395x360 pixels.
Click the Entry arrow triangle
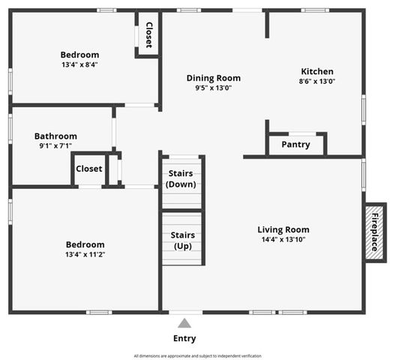[x=184, y=323]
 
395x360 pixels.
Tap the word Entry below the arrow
[x=184, y=338]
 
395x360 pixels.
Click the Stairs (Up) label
[x=182, y=241]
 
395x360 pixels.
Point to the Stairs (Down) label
[x=182, y=179]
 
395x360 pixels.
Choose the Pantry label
[x=296, y=144]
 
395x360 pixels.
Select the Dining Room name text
[x=214, y=78]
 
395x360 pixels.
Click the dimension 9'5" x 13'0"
[x=214, y=88]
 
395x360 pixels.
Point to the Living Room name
[x=283, y=229]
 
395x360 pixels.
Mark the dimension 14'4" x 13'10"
[x=283, y=240]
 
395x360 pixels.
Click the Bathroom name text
[x=55, y=136]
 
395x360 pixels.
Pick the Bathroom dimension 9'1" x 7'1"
[x=55, y=145]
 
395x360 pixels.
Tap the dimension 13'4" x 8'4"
[x=79, y=64]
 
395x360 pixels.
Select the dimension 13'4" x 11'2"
[x=85, y=254]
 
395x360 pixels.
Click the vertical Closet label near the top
[x=148, y=34]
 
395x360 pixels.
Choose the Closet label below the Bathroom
[x=89, y=169]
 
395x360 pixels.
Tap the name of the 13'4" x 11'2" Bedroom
[x=85, y=244]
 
